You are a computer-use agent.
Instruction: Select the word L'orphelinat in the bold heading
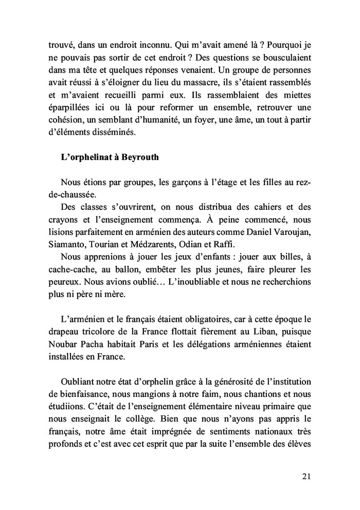(86, 157)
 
